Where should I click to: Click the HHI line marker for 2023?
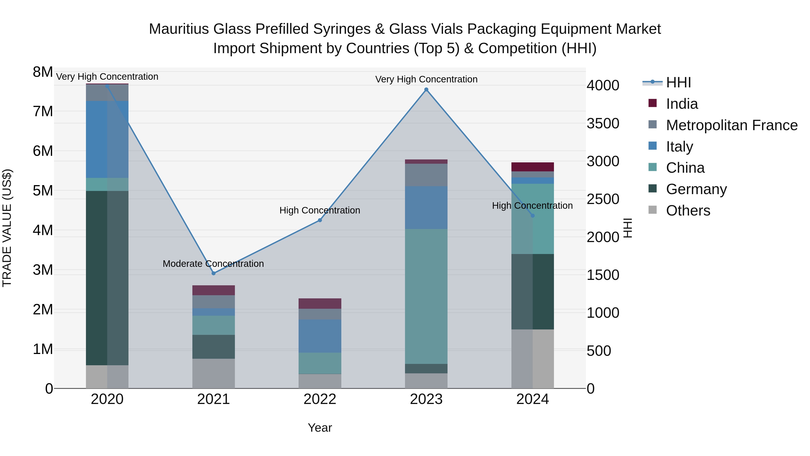click(426, 90)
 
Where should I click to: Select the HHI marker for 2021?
click(214, 273)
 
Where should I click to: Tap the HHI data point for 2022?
click(320, 220)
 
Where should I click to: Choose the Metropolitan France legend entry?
click(731, 125)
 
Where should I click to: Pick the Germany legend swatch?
click(652, 189)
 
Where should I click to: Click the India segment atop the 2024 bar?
click(532, 167)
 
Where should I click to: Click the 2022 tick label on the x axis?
click(320, 399)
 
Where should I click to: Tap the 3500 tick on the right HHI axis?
click(603, 123)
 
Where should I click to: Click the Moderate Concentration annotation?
click(213, 264)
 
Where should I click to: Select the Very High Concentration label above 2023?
click(426, 79)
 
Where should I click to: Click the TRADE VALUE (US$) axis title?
click(7, 228)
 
